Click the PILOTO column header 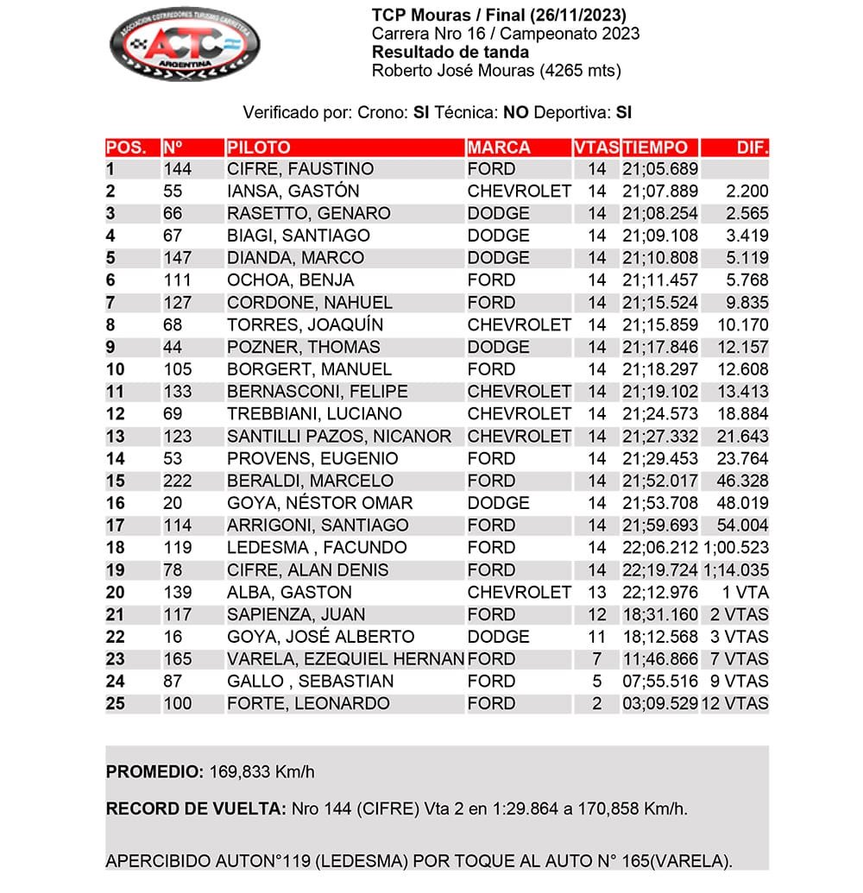click(x=259, y=148)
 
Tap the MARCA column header click(x=499, y=148)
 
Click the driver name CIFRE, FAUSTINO click(x=299, y=169)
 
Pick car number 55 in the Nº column click(x=173, y=192)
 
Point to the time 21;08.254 click(x=659, y=214)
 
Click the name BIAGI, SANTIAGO click(x=298, y=236)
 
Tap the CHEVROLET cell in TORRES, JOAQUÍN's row click(x=519, y=325)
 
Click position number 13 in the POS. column click(x=116, y=437)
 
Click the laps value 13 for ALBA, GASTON click(x=596, y=593)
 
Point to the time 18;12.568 click(x=659, y=638)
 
